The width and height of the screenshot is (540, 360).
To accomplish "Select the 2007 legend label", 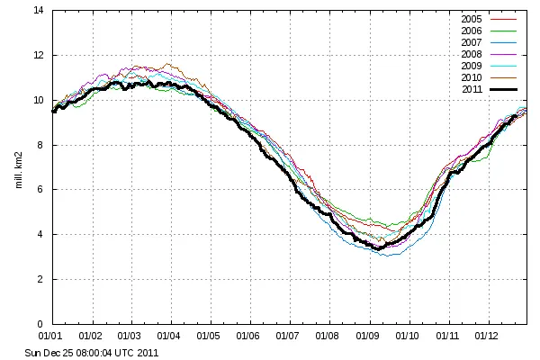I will [472, 42].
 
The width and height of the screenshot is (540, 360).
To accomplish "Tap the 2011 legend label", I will [472, 89].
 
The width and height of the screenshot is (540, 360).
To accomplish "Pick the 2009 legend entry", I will [472, 66].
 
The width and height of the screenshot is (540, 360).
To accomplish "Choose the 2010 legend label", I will [472, 77].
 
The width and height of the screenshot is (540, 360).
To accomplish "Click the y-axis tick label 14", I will [38, 11].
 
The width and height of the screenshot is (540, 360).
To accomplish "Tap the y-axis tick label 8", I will [40, 145].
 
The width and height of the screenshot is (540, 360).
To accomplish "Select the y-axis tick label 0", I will [40, 324].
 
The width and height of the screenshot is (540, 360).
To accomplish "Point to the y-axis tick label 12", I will [38, 56].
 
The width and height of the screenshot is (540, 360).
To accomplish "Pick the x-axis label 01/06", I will [249, 336].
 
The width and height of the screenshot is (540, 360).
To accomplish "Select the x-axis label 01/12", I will [487, 336].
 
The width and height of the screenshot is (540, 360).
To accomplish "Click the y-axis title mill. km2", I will [17, 167].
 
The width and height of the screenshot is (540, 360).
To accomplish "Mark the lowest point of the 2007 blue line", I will [387, 256].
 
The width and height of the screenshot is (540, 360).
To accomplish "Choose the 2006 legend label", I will [472, 31].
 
